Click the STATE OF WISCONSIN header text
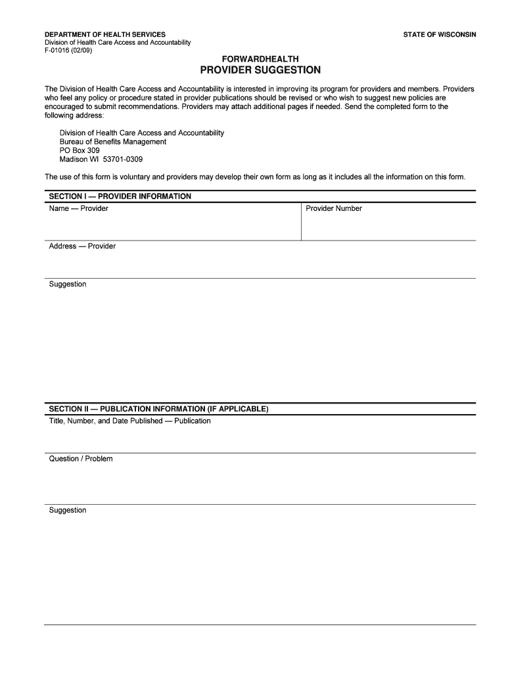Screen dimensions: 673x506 440,34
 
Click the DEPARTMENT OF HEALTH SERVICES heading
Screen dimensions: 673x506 105,34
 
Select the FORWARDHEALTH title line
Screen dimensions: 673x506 260,59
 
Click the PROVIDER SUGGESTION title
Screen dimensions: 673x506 260,70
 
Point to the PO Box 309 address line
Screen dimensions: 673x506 80,151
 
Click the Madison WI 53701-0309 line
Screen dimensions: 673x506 101,159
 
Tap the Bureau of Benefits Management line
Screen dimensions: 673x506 113,141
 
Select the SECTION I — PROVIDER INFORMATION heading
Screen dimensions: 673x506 120,196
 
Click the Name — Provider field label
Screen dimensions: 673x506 79,208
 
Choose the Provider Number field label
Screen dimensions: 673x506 334,208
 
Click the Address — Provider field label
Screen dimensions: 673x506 82,246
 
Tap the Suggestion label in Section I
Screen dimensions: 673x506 68,284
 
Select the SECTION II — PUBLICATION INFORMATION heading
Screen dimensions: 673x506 158,409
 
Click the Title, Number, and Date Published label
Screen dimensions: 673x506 130,421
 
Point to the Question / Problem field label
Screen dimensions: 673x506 81,459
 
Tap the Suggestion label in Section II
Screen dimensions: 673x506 68,510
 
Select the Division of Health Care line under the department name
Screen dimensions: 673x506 118,43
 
